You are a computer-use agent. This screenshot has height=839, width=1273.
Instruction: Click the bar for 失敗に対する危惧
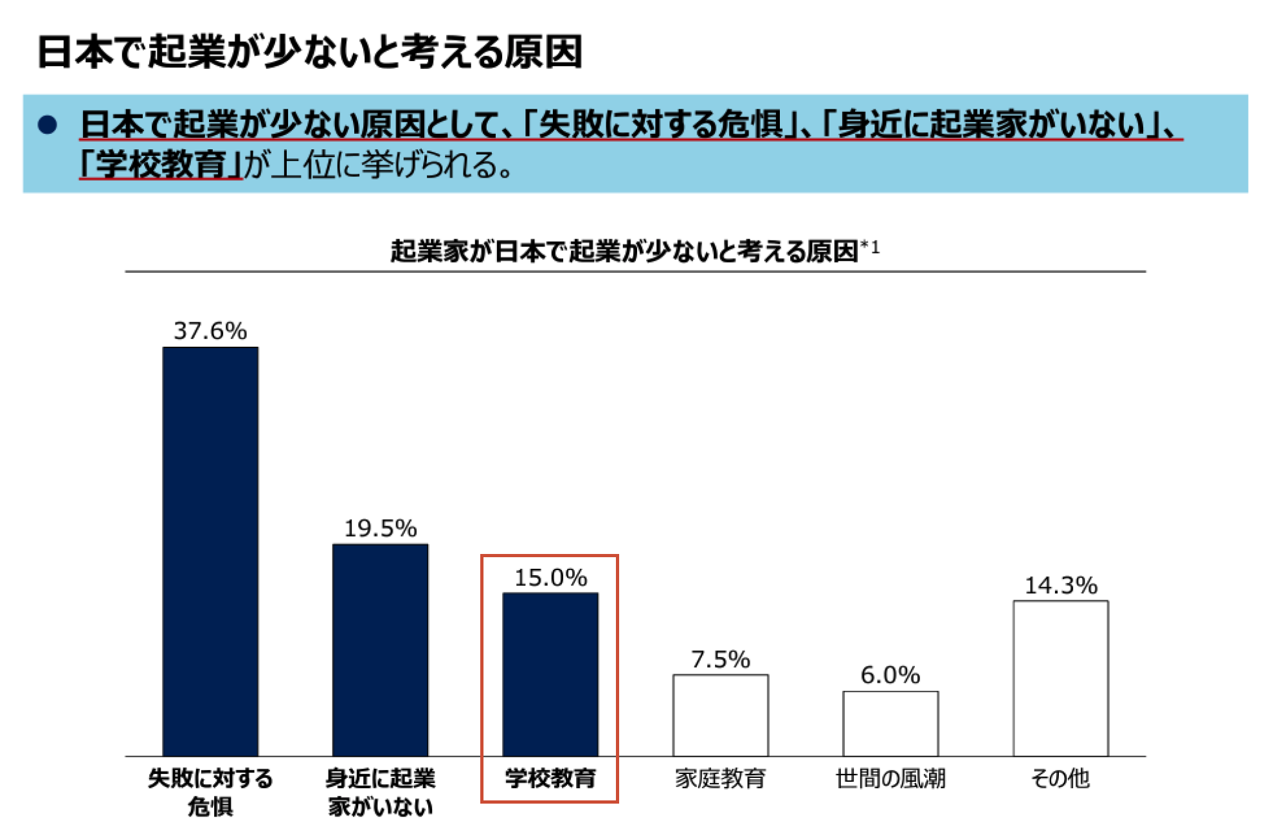[x=210, y=551]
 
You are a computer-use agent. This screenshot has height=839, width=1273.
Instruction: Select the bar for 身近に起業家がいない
[x=380, y=650]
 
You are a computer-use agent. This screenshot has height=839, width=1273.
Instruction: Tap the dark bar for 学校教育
[x=550, y=674]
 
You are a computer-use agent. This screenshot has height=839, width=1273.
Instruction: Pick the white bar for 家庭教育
[x=720, y=715]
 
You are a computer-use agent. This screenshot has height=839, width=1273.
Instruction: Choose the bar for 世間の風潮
[x=890, y=723]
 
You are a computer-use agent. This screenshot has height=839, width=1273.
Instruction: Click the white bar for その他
[x=1060, y=678]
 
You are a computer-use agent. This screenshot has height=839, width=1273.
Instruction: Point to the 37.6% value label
[x=210, y=331]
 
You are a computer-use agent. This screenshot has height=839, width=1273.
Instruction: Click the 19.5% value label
[x=380, y=528]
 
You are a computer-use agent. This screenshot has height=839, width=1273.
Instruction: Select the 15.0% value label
[x=550, y=577]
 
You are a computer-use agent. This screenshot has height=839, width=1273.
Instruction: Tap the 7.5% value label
[x=720, y=659]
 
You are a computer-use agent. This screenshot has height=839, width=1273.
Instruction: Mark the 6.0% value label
[x=890, y=675]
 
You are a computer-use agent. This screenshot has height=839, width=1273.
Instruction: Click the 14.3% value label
[x=1060, y=585]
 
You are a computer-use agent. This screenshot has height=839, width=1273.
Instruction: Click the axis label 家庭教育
[x=720, y=779]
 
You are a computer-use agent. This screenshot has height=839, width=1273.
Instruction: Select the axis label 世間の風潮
[x=890, y=779]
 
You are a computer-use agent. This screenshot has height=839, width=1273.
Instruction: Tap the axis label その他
[x=1060, y=779]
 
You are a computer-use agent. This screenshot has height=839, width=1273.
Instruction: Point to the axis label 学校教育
[x=550, y=779]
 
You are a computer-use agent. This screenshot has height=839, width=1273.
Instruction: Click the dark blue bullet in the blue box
[x=48, y=124]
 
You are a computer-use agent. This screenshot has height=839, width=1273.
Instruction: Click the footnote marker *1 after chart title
[x=870, y=248]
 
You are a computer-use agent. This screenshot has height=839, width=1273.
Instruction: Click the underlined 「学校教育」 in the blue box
[x=161, y=164]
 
